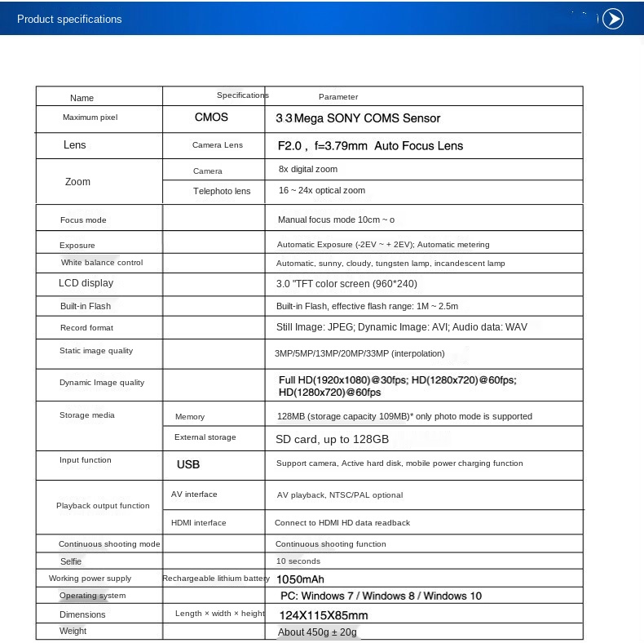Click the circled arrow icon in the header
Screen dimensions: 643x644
click(x=612, y=19)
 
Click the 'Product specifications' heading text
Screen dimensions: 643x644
click(x=69, y=19)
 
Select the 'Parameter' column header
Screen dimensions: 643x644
click(x=338, y=97)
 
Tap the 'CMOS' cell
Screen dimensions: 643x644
click(x=211, y=118)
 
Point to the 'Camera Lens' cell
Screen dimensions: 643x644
click(x=218, y=145)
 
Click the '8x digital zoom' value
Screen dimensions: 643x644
click(x=308, y=169)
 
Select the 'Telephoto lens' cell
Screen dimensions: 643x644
click(x=222, y=191)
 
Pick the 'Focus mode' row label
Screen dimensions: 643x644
click(x=83, y=220)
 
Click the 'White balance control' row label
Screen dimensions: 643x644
click(x=102, y=263)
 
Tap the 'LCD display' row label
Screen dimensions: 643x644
click(x=86, y=283)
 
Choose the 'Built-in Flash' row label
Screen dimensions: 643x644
click(x=86, y=306)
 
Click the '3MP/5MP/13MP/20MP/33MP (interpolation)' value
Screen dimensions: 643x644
click(x=359, y=353)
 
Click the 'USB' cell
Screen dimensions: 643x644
click(x=188, y=464)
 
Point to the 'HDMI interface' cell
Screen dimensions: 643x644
click(x=199, y=522)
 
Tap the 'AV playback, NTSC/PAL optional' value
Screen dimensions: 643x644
click(x=340, y=495)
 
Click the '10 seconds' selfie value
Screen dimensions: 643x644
click(x=298, y=561)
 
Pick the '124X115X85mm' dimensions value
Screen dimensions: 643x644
click(x=324, y=615)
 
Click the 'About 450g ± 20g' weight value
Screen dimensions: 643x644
click(x=318, y=632)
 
